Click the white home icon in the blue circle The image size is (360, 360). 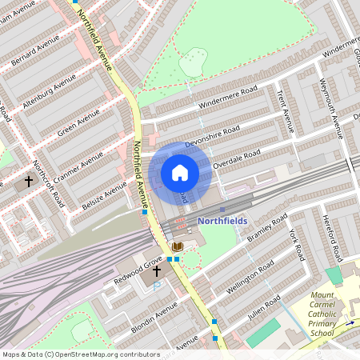pyautogui.click(x=180, y=172)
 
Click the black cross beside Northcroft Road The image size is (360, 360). pyautogui.click(x=29, y=182)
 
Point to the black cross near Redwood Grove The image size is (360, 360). pyautogui.click(x=158, y=272)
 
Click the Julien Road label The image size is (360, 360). pyautogui.click(x=263, y=307)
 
